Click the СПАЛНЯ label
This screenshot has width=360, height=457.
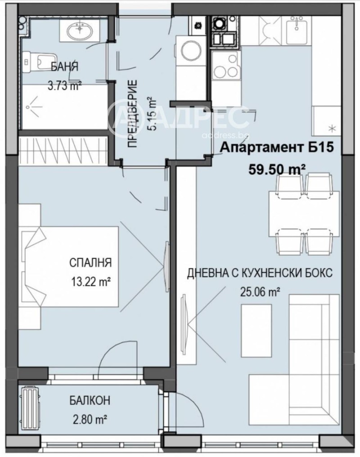(90, 262)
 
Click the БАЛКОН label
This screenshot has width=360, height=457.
(90, 400)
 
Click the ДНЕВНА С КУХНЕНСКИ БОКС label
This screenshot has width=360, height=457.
(260, 273)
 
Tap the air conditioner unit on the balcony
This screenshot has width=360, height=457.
(31, 406)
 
